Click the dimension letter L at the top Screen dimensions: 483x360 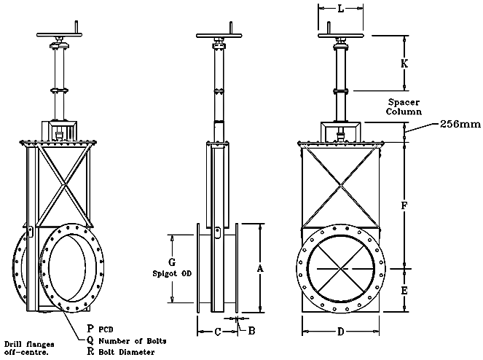coord(341,9)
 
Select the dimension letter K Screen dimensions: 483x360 coord(404,63)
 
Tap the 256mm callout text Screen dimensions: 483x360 coord(460,124)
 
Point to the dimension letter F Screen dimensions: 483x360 coord(404,206)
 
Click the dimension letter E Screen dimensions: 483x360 coord(404,290)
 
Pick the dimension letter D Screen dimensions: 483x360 coord(340,332)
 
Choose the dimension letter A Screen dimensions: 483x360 coord(260,269)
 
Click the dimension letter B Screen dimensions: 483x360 coord(251,331)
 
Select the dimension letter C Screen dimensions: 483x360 coord(218,332)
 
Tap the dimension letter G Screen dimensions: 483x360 coord(172,262)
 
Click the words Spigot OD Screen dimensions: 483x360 coord(172,273)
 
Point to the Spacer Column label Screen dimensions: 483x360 coord(404,106)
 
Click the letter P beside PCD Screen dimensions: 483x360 coord(90,329)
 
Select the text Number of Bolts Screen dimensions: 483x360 coord(133,341)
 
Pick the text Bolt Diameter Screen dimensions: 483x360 coord(127,352)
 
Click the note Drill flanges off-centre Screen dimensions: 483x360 coord(29,348)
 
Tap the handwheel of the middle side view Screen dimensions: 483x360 coord(219,36)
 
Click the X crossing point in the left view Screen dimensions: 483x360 coord(63,185)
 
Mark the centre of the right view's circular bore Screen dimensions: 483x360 coord(341,269)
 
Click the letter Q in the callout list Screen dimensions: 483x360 coord(90,340)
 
